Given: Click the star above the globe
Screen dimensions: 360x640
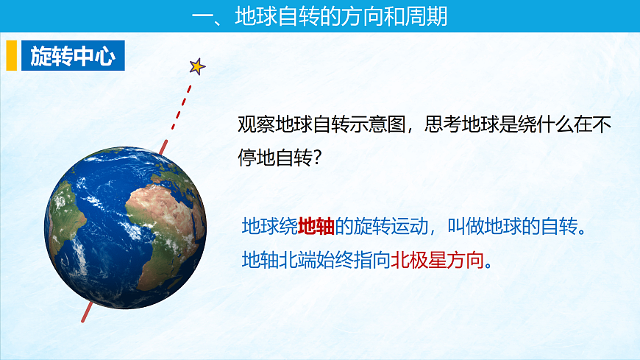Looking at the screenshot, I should coord(196,66).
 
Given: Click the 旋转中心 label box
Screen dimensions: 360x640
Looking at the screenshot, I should coord(73,56).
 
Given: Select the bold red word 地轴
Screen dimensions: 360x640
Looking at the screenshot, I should coord(316,227).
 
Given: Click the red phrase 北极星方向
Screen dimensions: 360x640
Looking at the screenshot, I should coord(439,260).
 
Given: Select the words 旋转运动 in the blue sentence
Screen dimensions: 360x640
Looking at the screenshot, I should coord(390,227).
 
